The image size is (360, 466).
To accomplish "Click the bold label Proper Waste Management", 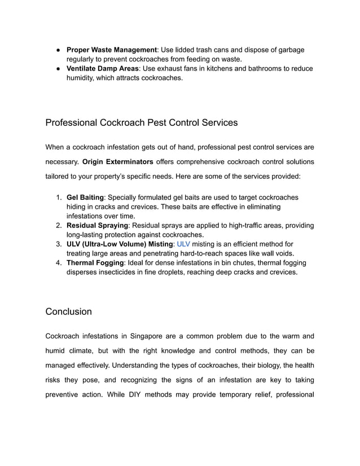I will [111, 50].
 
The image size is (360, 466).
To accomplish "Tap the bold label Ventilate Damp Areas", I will [103, 68].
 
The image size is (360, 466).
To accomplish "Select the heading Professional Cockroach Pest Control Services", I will [141, 122].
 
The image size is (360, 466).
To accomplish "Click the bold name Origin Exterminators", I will [117, 162].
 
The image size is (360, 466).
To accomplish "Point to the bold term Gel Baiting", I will [85, 197].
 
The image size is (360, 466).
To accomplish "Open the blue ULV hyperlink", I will [183, 244].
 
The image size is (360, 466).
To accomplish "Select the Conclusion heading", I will [68, 311].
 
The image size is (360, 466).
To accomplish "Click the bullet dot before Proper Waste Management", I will [58, 50].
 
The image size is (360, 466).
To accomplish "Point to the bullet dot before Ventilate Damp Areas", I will [58, 68].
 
